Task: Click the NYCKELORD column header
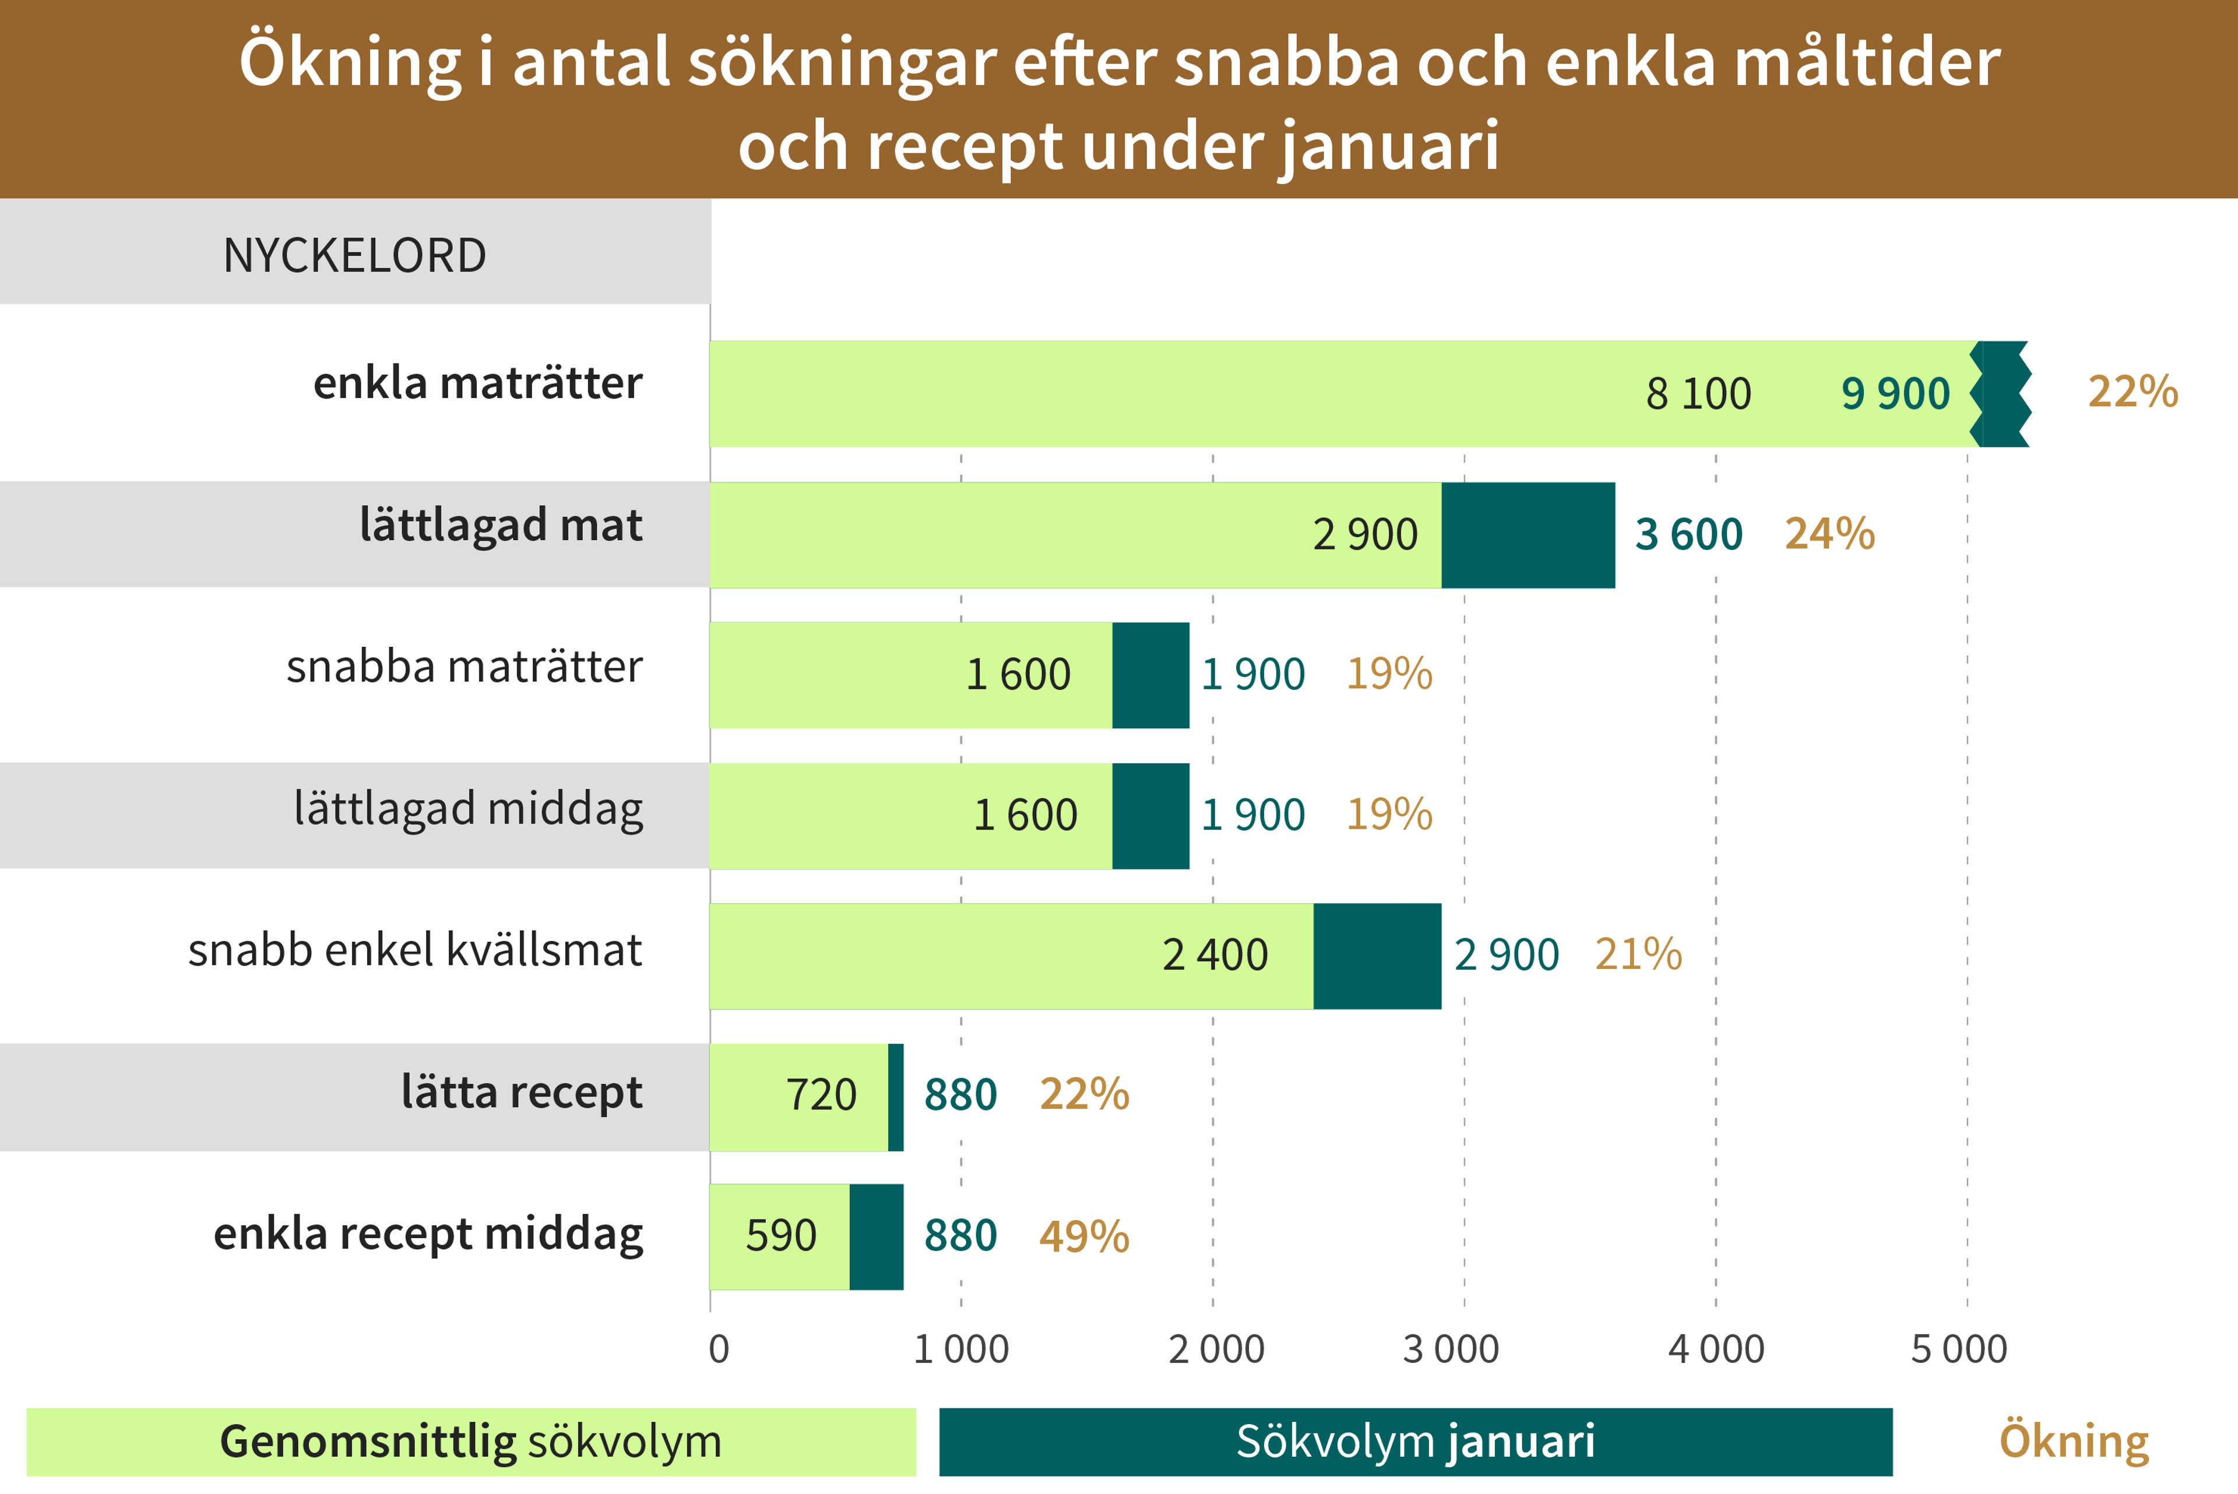pos(354,255)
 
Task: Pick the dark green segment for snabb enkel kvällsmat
pos(1377,956)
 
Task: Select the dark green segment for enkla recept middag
pos(875,1236)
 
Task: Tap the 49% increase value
pos(1083,1236)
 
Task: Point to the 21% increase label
pos(1638,954)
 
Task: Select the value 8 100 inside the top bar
pos(1698,393)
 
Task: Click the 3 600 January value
pos(1688,534)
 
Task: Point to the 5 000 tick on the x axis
pos(1959,1349)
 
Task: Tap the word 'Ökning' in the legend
pos(2073,1440)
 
